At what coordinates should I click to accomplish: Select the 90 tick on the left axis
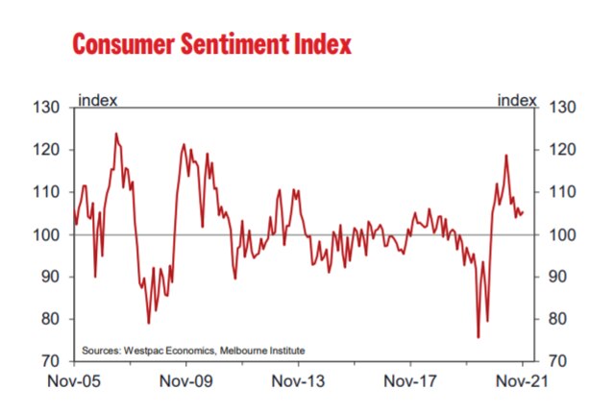coord(51,277)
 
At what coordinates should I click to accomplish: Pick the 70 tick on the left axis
coord(51,362)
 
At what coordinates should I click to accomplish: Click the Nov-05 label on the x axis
coord(74,382)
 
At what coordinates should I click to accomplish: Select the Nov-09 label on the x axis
coord(186,382)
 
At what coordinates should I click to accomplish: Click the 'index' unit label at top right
coord(515,99)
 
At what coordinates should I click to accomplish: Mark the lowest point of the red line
coord(478,337)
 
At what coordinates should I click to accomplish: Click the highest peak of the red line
coord(116,134)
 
